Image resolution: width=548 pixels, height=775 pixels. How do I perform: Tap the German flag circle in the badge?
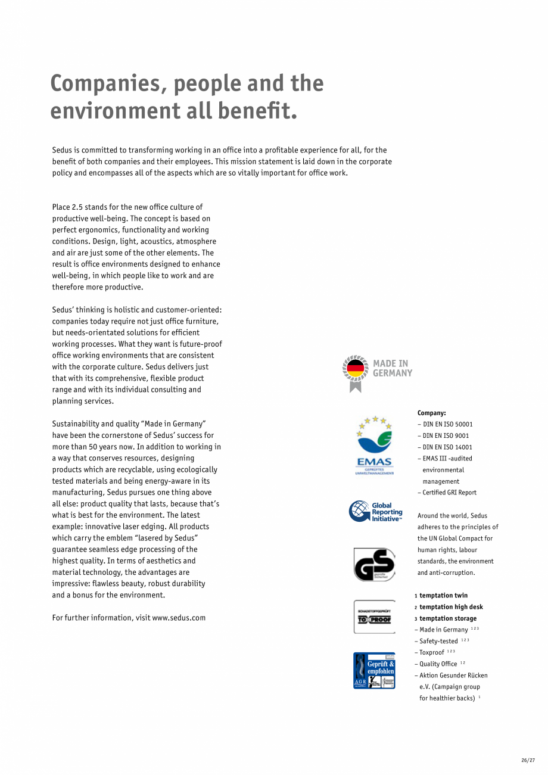click(x=356, y=369)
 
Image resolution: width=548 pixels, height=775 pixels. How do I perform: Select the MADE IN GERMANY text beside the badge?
click(x=393, y=368)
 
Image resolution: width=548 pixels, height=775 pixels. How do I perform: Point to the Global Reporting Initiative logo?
click(x=376, y=512)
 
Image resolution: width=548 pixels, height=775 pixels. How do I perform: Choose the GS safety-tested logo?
click(x=374, y=564)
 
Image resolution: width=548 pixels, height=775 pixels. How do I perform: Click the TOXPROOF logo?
click(x=374, y=617)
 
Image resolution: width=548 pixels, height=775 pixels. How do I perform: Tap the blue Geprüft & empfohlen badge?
click(x=374, y=670)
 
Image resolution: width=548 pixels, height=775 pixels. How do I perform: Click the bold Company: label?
click(x=431, y=413)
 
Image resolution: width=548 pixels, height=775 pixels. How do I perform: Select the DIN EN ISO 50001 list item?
click(x=447, y=424)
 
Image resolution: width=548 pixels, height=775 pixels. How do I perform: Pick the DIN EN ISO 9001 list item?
click(x=445, y=435)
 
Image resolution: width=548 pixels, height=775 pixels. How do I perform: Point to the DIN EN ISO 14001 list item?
click(x=447, y=447)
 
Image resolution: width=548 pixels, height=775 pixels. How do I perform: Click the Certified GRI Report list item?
click(x=449, y=493)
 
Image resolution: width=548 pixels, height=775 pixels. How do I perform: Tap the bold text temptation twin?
click(x=443, y=596)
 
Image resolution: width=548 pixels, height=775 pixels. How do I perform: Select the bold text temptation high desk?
click(x=451, y=607)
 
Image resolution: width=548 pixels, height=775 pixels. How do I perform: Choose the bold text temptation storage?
click(x=447, y=618)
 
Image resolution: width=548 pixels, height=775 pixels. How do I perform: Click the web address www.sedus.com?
click(x=179, y=618)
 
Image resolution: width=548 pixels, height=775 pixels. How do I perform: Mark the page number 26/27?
click(x=528, y=760)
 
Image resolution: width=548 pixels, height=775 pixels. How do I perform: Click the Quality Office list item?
click(x=438, y=664)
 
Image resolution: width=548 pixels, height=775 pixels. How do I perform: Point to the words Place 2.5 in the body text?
click(x=67, y=207)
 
